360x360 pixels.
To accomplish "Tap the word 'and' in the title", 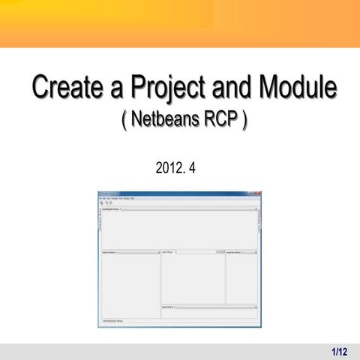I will click(x=227, y=88).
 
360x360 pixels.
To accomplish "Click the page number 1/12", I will click(x=339, y=351).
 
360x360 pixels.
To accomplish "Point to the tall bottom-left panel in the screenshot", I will click(x=130, y=285).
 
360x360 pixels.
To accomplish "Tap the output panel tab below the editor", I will click(x=169, y=307).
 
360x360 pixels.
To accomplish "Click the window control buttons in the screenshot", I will click(x=256, y=193).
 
